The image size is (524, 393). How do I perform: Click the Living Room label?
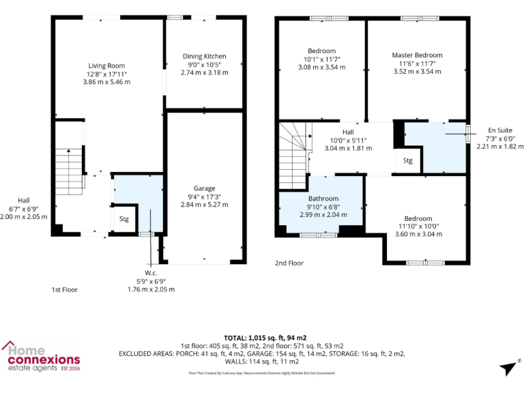pos(107,65)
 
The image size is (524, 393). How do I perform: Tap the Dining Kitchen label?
pos(204,56)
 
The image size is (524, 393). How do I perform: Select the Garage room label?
pos(204,188)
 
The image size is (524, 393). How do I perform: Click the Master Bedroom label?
pos(417,55)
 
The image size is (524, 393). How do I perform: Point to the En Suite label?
pos(501,130)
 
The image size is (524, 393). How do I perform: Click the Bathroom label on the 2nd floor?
pos(323,199)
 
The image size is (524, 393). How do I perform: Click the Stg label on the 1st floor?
pos(123,220)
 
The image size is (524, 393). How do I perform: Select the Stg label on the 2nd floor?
pos(407,162)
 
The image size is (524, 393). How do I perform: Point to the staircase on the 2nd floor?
pos(293,154)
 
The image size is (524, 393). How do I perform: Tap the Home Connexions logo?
pos(41,358)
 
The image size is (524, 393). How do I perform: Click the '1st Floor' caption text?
pos(65,290)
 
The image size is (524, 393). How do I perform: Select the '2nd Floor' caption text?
pos(289,263)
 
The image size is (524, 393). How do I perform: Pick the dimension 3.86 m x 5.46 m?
pos(107,82)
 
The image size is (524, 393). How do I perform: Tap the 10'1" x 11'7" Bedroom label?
pos(321,59)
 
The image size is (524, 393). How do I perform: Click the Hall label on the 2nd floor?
pos(348,132)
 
